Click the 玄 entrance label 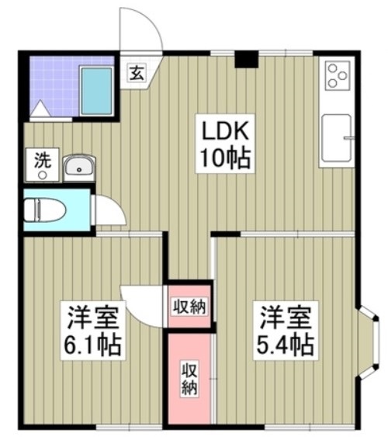coord(135,75)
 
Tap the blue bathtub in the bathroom coord(96,90)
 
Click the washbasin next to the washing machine coord(78,166)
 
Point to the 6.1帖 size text coord(92,344)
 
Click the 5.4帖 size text coord(286,344)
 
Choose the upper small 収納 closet coord(189,305)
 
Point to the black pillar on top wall coord(247,58)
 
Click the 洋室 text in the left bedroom coord(92,317)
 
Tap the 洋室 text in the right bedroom coord(286,317)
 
